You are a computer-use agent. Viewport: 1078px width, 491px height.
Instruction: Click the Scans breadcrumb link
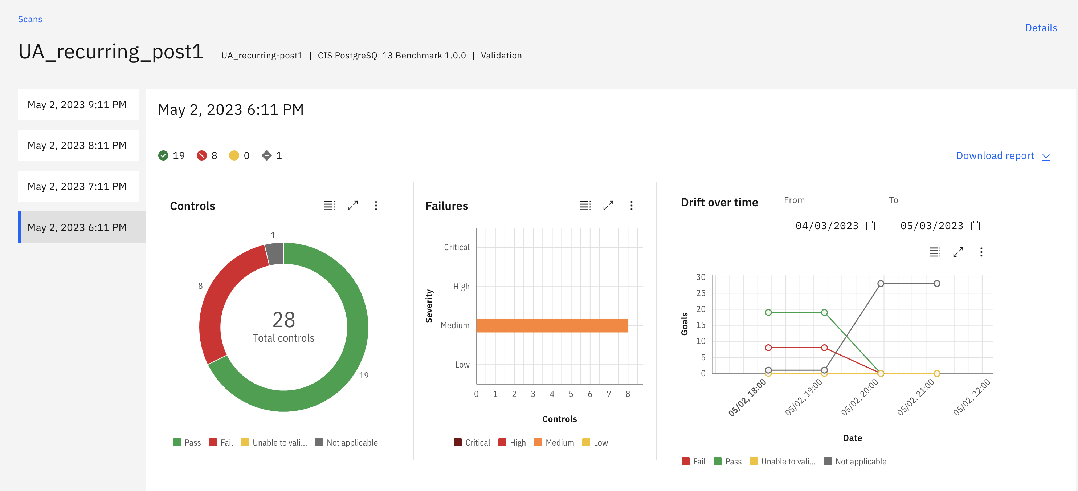(30, 19)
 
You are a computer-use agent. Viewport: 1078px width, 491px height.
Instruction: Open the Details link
(1041, 28)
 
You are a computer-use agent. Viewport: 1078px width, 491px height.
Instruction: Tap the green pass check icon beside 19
(163, 156)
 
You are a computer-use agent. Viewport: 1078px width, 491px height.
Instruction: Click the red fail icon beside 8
(202, 156)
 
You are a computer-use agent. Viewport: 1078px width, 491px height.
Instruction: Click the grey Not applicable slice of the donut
(275, 253)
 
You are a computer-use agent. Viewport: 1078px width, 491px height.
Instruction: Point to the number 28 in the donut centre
(284, 320)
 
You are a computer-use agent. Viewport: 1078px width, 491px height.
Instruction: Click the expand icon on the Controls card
(353, 206)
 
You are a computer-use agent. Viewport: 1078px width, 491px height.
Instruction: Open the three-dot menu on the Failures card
(632, 206)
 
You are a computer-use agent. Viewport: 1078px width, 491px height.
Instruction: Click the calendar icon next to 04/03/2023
(870, 226)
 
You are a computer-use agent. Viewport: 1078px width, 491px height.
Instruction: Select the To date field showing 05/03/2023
(931, 226)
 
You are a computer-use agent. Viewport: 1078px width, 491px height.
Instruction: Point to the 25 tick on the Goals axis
(701, 293)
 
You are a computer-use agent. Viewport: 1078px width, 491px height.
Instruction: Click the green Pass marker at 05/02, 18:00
(768, 312)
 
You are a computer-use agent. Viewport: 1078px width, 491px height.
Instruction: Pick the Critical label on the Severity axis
(457, 247)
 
